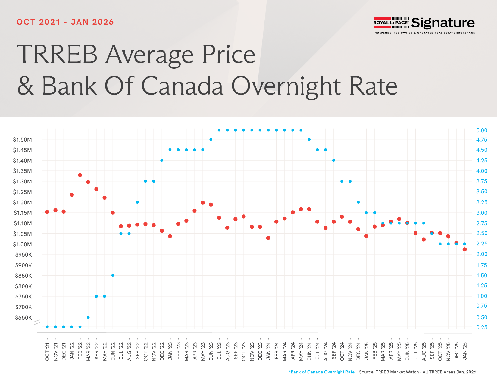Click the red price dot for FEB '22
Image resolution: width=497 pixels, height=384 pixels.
pyautogui.click(x=80, y=175)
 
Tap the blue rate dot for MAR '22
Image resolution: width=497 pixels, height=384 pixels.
pyautogui.click(x=88, y=317)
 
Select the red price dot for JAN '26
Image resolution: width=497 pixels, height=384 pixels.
pyautogui.click(x=464, y=249)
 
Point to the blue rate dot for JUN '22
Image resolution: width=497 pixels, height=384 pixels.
pyautogui.click(x=113, y=275)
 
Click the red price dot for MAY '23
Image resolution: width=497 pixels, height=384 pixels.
pyautogui.click(x=203, y=203)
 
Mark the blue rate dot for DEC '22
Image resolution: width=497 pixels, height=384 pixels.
pyautogui.click(x=162, y=160)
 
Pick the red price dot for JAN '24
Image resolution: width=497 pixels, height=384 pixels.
pyautogui.click(x=268, y=238)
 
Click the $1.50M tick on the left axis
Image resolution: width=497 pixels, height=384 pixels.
pyautogui.click(x=22, y=139)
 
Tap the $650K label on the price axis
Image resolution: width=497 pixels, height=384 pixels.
pyautogui.click(x=23, y=317)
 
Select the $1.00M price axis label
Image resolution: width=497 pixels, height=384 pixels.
pyautogui.click(x=22, y=244)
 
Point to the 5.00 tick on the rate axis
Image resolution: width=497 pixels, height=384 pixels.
pyautogui.click(x=482, y=130)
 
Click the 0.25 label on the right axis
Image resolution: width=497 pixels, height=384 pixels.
pyautogui.click(x=482, y=327)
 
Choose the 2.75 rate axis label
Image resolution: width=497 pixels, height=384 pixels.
pyautogui.click(x=482, y=223)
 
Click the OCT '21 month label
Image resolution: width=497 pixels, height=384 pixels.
pyautogui.click(x=47, y=351)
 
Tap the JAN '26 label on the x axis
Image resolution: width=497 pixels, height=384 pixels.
pyautogui.click(x=465, y=351)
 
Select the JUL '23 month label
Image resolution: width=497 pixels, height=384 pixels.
pyautogui.click(x=219, y=351)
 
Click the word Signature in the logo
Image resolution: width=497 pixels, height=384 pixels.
pyautogui.click(x=443, y=23)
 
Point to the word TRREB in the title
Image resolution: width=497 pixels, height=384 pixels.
pyautogui.click(x=57, y=55)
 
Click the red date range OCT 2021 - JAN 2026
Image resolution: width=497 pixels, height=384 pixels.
pyautogui.click(x=65, y=22)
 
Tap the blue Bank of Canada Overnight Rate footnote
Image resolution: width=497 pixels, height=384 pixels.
pyautogui.click(x=322, y=372)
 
